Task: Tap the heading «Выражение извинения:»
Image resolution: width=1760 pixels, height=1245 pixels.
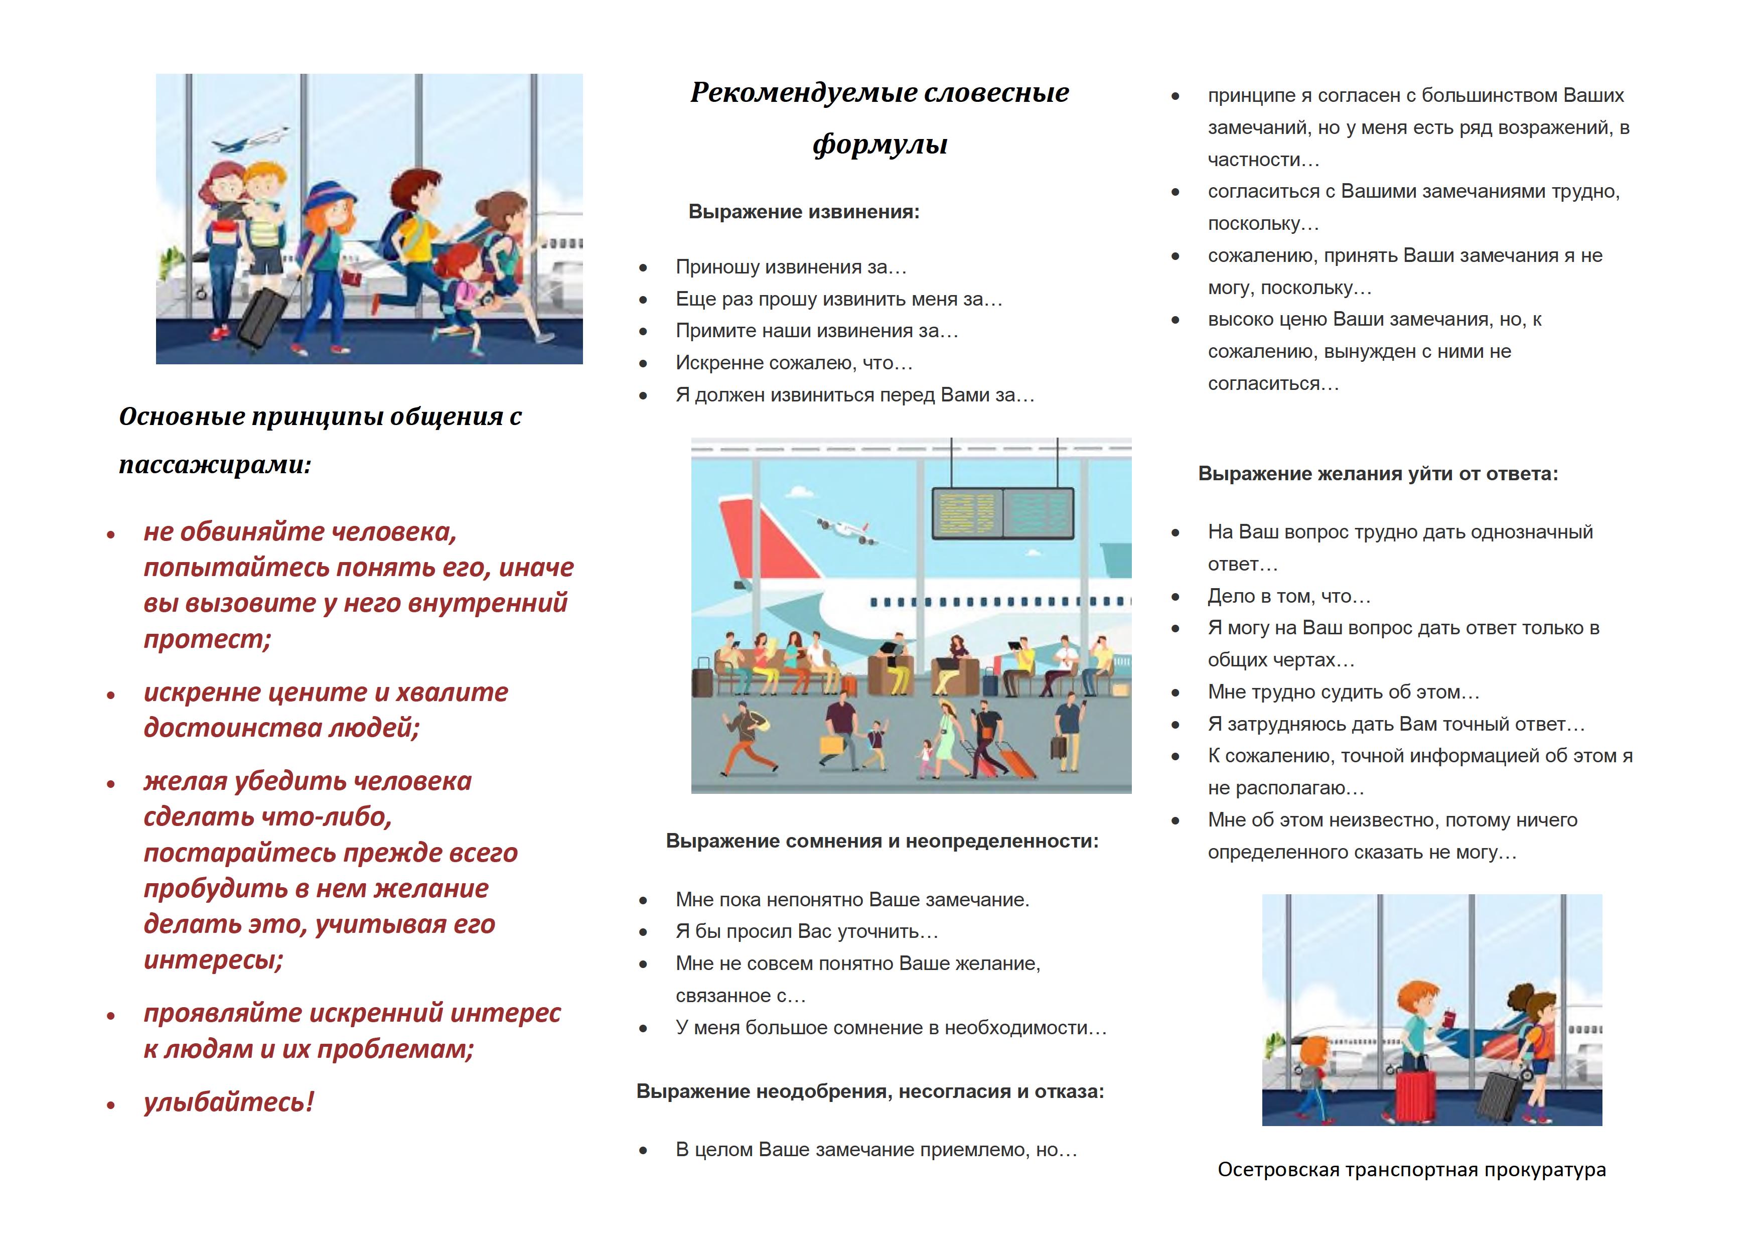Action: tap(803, 212)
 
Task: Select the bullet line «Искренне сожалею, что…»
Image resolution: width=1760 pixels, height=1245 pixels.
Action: tap(793, 363)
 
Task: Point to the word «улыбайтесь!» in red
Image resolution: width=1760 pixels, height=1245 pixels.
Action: tap(228, 1101)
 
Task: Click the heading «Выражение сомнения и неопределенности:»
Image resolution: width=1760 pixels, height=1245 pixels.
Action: tap(882, 841)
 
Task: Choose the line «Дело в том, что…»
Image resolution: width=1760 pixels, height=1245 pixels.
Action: tap(1288, 596)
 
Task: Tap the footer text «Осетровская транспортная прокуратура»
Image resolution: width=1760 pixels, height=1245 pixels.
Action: tap(1411, 1169)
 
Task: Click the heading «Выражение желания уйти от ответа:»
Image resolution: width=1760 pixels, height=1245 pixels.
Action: tap(1378, 474)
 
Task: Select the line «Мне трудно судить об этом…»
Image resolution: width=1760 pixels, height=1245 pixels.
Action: tap(1343, 691)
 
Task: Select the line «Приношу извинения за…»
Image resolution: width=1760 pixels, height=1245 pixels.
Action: tap(790, 267)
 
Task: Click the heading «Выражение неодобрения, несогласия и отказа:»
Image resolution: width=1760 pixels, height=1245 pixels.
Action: tap(870, 1091)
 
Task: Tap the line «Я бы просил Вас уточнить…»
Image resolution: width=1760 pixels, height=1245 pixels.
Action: tap(806, 931)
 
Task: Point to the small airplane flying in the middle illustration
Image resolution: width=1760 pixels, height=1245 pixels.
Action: tap(845, 529)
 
